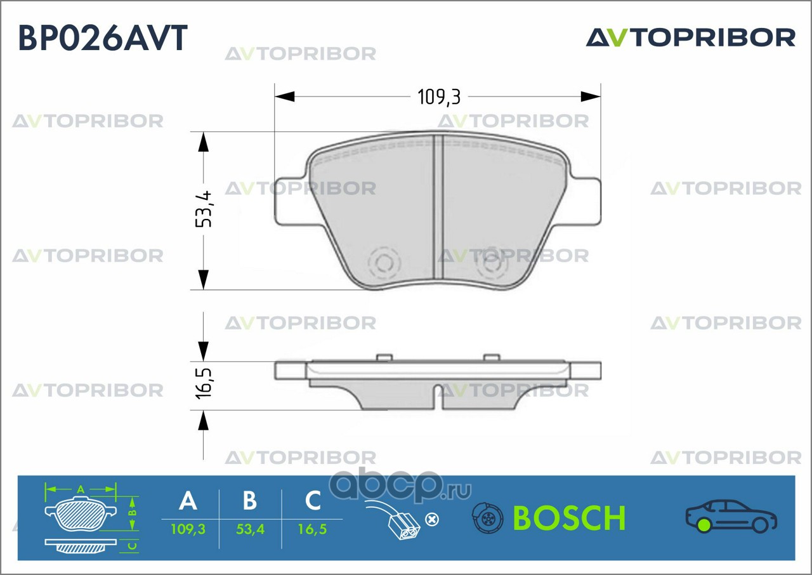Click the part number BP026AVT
[103, 37]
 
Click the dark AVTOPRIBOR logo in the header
[690, 37]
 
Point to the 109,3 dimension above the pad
[438, 97]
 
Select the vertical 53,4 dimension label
[204, 209]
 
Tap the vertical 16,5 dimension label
[204, 380]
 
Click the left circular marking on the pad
[384, 261]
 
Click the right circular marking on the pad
[492, 261]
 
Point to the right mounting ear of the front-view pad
[586, 201]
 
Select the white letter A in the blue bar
[188, 501]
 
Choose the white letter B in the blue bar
[250, 501]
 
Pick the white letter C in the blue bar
[313, 501]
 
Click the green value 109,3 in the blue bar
[188, 529]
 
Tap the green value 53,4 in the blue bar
[250, 529]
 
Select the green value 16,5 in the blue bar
[312, 529]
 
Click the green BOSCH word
[569, 518]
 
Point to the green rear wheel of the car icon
[703, 525]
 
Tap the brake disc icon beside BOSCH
[487, 518]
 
